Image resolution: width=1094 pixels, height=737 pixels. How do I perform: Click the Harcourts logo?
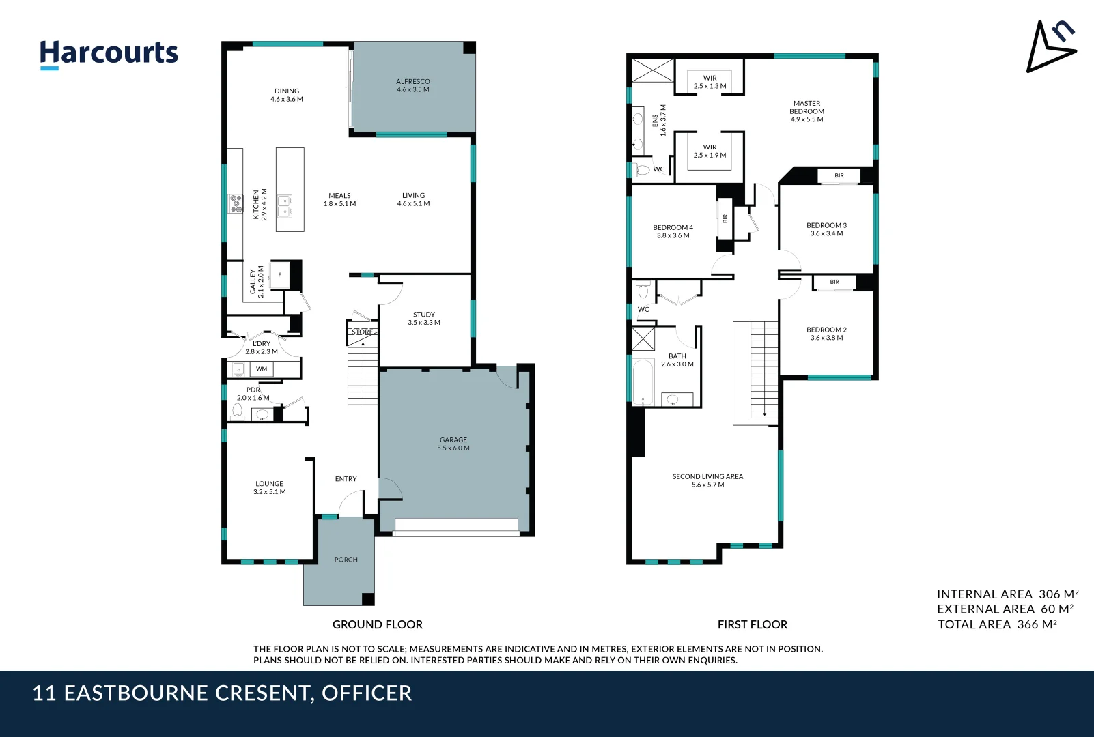(x=109, y=53)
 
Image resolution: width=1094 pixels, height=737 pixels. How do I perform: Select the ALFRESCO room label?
(x=413, y=85)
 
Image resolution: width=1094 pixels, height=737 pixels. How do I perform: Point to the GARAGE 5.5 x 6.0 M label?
(x=453, y=444)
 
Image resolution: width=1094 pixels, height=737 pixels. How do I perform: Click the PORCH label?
(x=346, y=560)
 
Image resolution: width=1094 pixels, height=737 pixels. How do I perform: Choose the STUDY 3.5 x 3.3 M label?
(x=424, y=319)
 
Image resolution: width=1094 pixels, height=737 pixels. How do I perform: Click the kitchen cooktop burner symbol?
(x=236, y=203)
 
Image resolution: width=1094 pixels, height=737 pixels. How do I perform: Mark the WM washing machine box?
(x=262, y=369)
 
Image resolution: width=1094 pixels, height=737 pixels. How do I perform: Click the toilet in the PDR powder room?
(x=237, y=411)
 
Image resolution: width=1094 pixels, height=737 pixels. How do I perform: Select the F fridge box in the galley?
(x=280, y=275)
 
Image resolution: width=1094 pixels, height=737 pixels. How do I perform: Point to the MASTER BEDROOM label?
(x=807, y=111)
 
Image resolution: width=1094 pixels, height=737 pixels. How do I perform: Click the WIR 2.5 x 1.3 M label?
(x=710, y=82)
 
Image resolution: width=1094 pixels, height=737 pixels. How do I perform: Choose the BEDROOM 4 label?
(x=673, y=231)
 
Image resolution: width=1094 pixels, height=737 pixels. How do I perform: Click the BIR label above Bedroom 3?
(x=839, y=176)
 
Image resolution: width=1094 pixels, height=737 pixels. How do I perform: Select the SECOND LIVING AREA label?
(x=707, y=480)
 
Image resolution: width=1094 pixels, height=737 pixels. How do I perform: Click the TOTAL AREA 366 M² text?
(x=997, y=624)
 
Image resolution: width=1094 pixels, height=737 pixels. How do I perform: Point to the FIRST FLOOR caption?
(x=752, y=624)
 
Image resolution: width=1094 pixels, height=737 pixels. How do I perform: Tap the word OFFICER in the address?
(x=367, y=693)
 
